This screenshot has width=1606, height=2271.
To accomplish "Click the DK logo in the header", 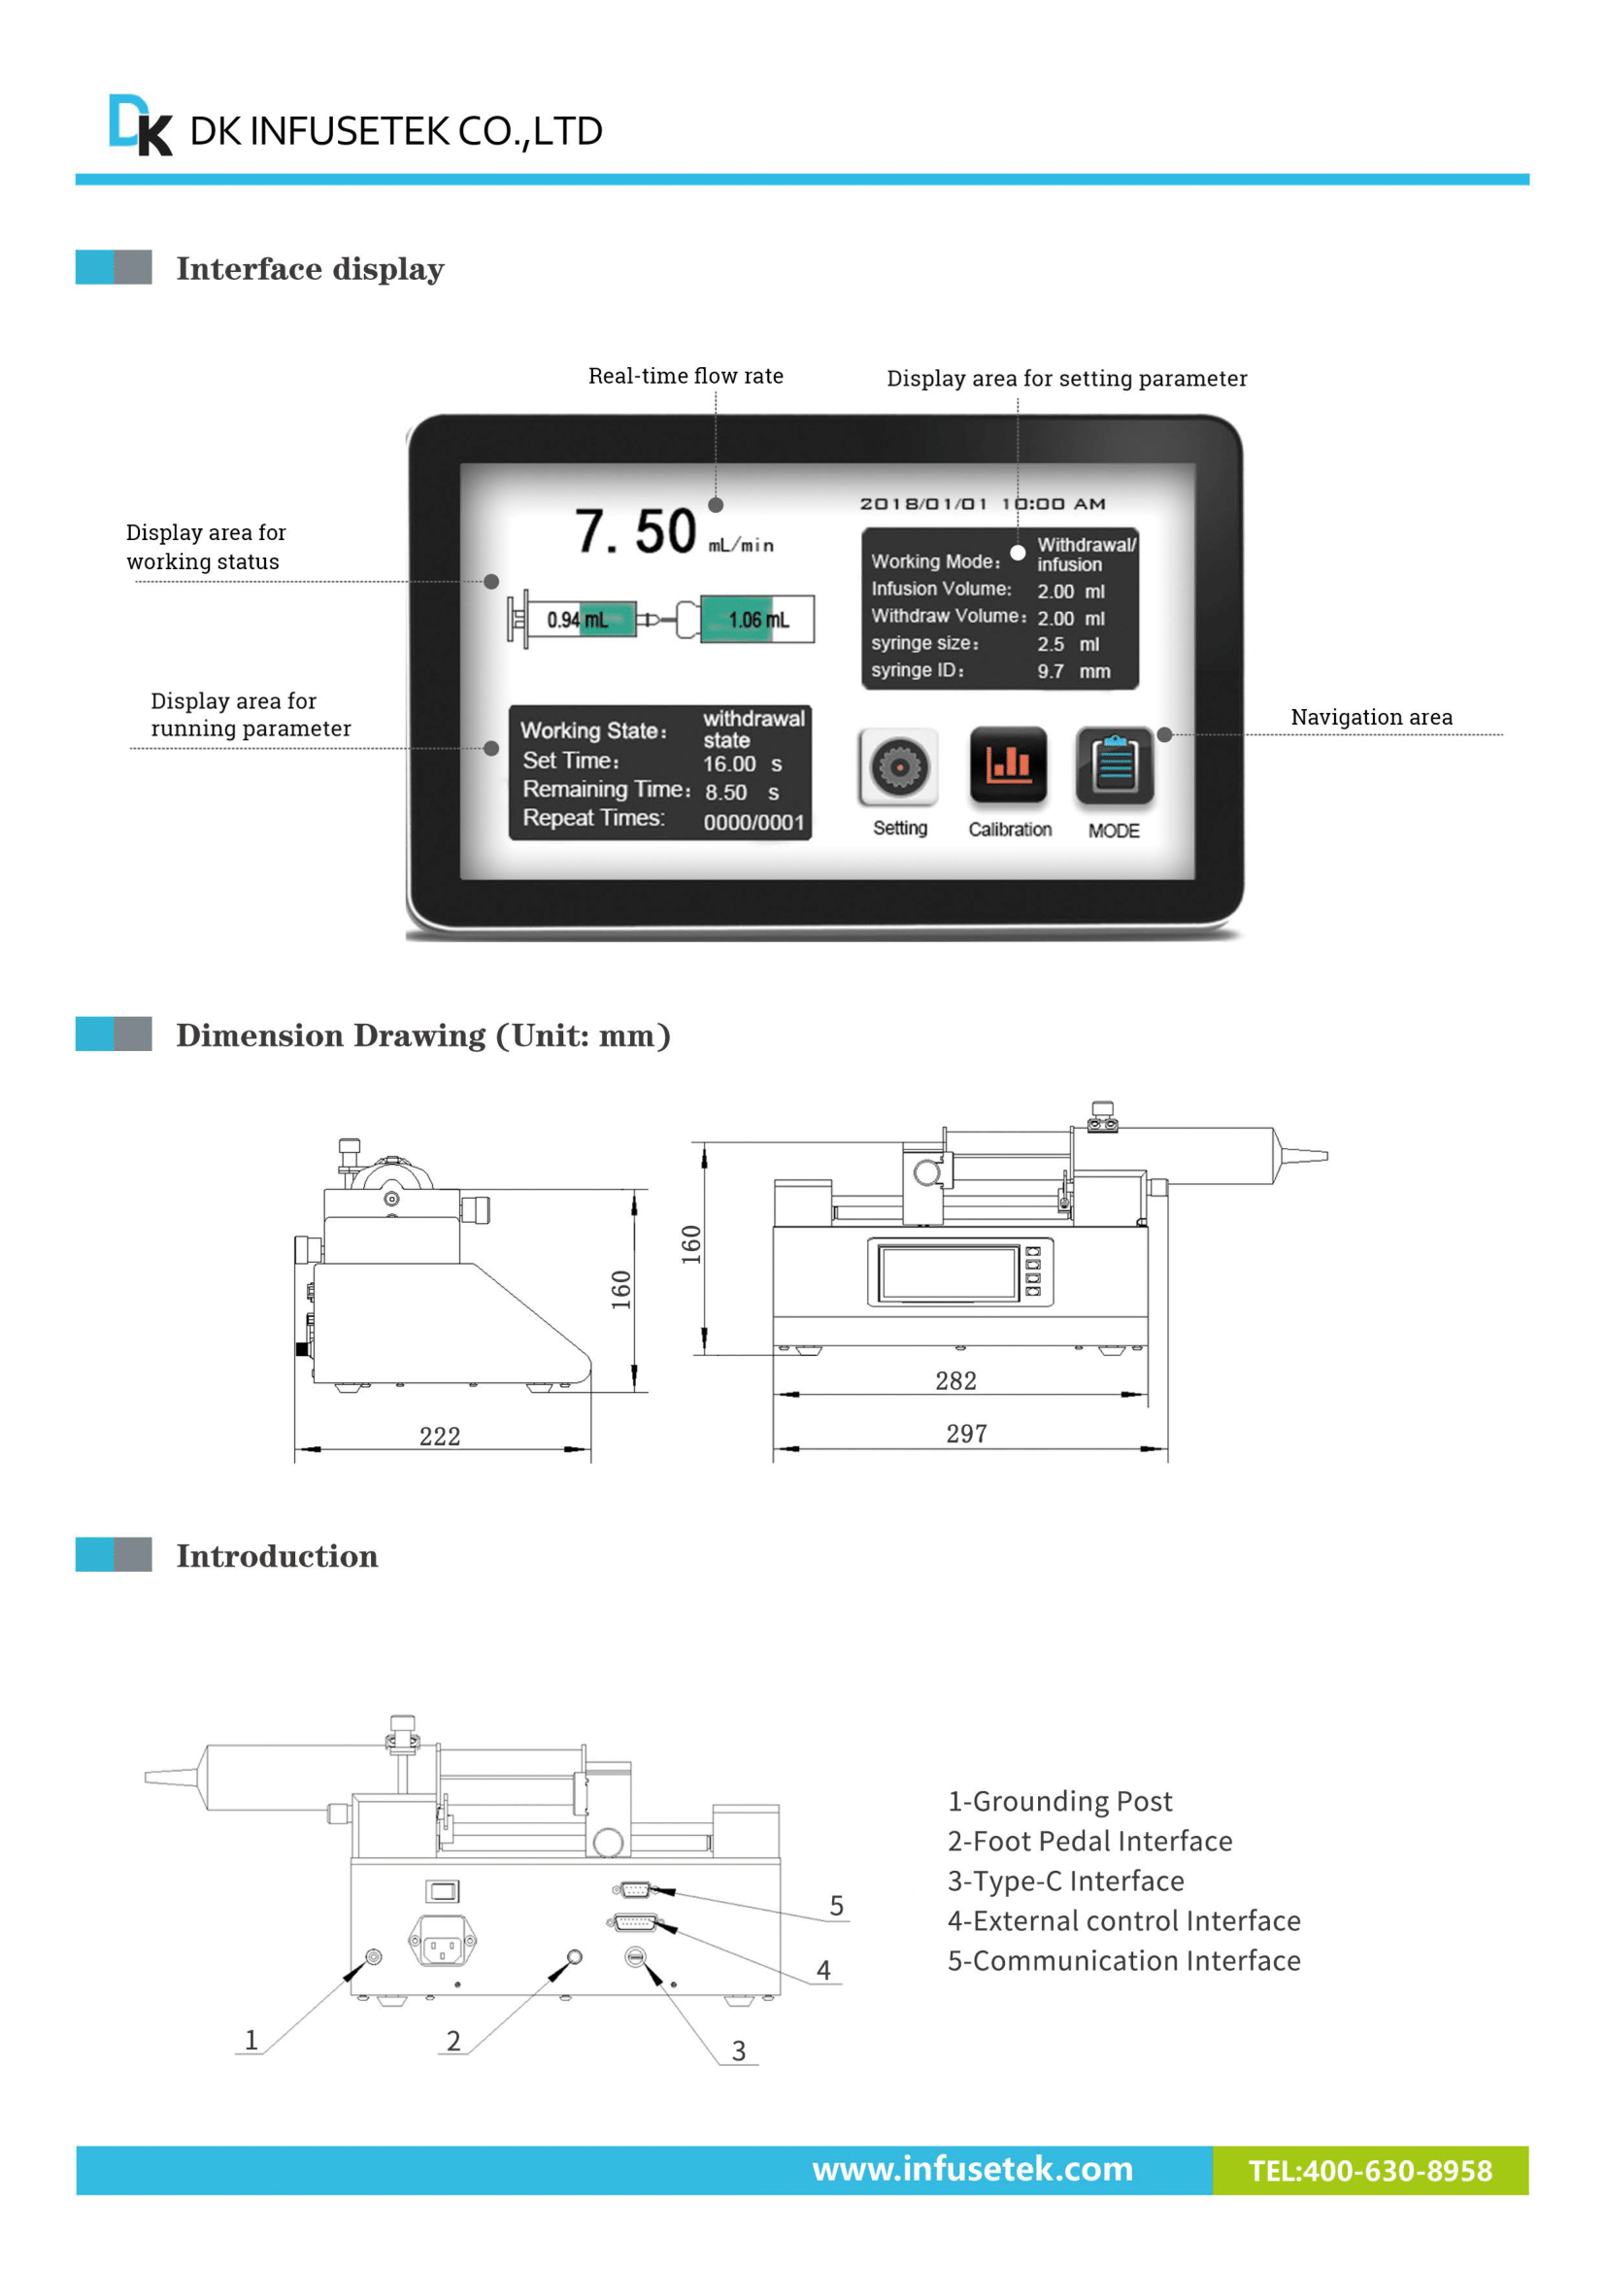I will (x=140, y=125).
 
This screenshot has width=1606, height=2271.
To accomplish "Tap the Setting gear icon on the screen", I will (x=898, y=766).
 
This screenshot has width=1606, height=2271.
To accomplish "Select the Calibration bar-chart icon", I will (x=1008, y=764).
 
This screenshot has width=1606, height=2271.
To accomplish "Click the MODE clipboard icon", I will (x=1115, y=765).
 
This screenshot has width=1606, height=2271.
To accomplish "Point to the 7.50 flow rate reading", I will (x=635, y=532).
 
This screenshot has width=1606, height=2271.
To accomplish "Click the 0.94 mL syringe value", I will (x=577, y=620).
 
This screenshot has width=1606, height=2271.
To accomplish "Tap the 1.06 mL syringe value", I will (x=758, y=620).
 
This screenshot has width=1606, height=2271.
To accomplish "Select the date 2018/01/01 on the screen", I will (x=922, y=504).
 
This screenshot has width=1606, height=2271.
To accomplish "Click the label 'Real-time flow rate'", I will (x=686, y=376).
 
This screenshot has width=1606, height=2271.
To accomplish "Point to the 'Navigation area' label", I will (x=1371, y=717).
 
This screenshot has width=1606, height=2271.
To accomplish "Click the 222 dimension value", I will (x=439, y=1437).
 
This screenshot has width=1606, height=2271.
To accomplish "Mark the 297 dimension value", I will (x=966, y=1434).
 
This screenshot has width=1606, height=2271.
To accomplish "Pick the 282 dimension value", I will (x=955, y=1381).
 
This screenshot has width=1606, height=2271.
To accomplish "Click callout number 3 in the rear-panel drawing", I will (x=738, y=2051).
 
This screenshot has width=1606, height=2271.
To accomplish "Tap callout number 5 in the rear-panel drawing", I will (x=837, y=1905).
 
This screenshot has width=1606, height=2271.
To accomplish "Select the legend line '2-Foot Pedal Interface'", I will (x=1088, y=1841).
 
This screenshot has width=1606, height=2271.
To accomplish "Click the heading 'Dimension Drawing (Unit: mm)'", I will (x=423, y=1035).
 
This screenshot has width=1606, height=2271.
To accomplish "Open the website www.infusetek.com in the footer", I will (x=972, y=2169).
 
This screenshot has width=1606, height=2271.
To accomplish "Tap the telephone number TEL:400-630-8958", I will (x=1370, y=2171).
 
